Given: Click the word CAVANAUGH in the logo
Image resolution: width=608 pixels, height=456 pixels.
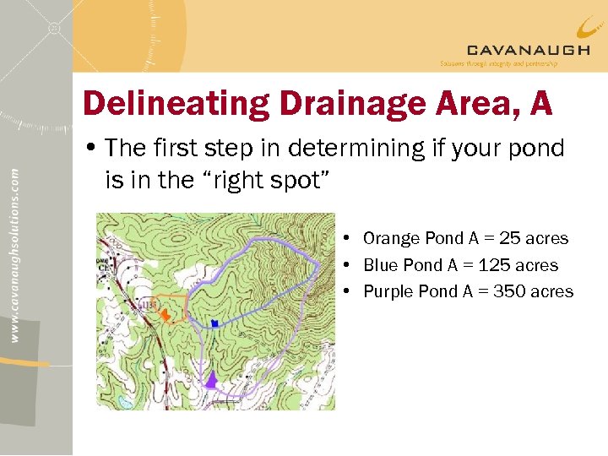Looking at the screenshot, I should [x=528, y=50].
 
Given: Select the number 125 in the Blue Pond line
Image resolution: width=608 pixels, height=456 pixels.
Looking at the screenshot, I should [x=495, y=265].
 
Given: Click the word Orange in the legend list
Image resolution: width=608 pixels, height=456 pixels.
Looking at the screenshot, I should [x=394, y=238].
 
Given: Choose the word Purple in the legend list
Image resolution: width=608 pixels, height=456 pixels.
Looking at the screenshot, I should [x=393, y=291].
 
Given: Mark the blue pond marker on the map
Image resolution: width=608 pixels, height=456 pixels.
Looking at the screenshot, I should [x=215, y=323].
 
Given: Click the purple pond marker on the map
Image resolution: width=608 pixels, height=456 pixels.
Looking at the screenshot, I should [x=212, y=381].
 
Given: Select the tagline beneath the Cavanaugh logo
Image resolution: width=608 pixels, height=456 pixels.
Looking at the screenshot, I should [x=498, y=63].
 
